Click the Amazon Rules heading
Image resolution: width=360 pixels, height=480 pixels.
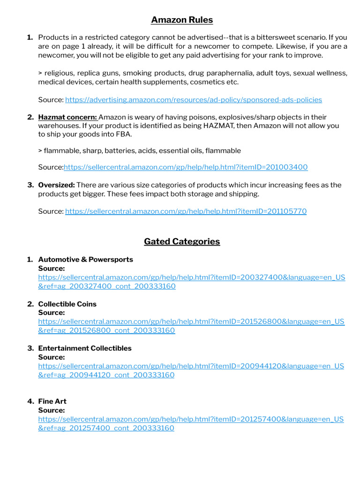[182, 20]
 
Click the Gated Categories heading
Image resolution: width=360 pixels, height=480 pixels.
[182, 241]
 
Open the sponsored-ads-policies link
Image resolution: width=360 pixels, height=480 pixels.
[193, 100]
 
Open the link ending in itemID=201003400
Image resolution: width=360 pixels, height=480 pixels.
[186, 167]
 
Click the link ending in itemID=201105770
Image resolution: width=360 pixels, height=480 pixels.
[186, 211]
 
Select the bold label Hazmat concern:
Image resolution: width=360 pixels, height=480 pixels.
[67, 117]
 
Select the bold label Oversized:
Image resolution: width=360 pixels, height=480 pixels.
[56, 185]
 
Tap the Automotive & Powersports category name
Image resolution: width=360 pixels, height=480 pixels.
[85, 260]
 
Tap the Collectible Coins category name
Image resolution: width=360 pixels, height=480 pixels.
[67, 304]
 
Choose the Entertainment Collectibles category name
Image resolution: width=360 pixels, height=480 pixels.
[85, 348]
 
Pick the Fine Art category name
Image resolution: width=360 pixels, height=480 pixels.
[52, 402]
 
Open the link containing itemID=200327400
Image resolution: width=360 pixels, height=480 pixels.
[191, 277]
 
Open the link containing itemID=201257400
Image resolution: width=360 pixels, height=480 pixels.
[191, 420]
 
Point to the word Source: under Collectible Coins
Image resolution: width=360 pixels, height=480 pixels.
[52, 313]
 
